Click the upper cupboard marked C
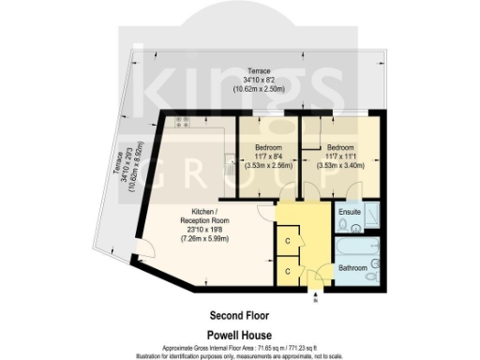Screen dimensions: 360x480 [288, 242]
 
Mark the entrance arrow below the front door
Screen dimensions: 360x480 [314, 300]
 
